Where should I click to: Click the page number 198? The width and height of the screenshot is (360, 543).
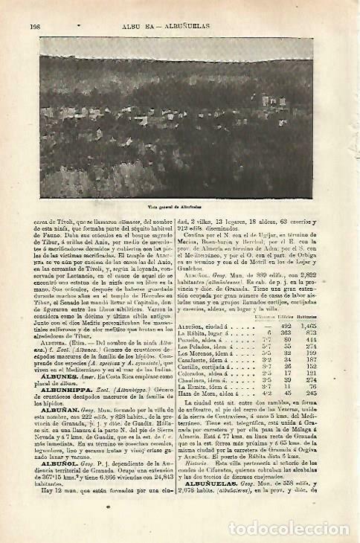[34, 25]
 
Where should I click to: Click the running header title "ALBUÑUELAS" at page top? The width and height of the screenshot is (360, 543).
[208, 25]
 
